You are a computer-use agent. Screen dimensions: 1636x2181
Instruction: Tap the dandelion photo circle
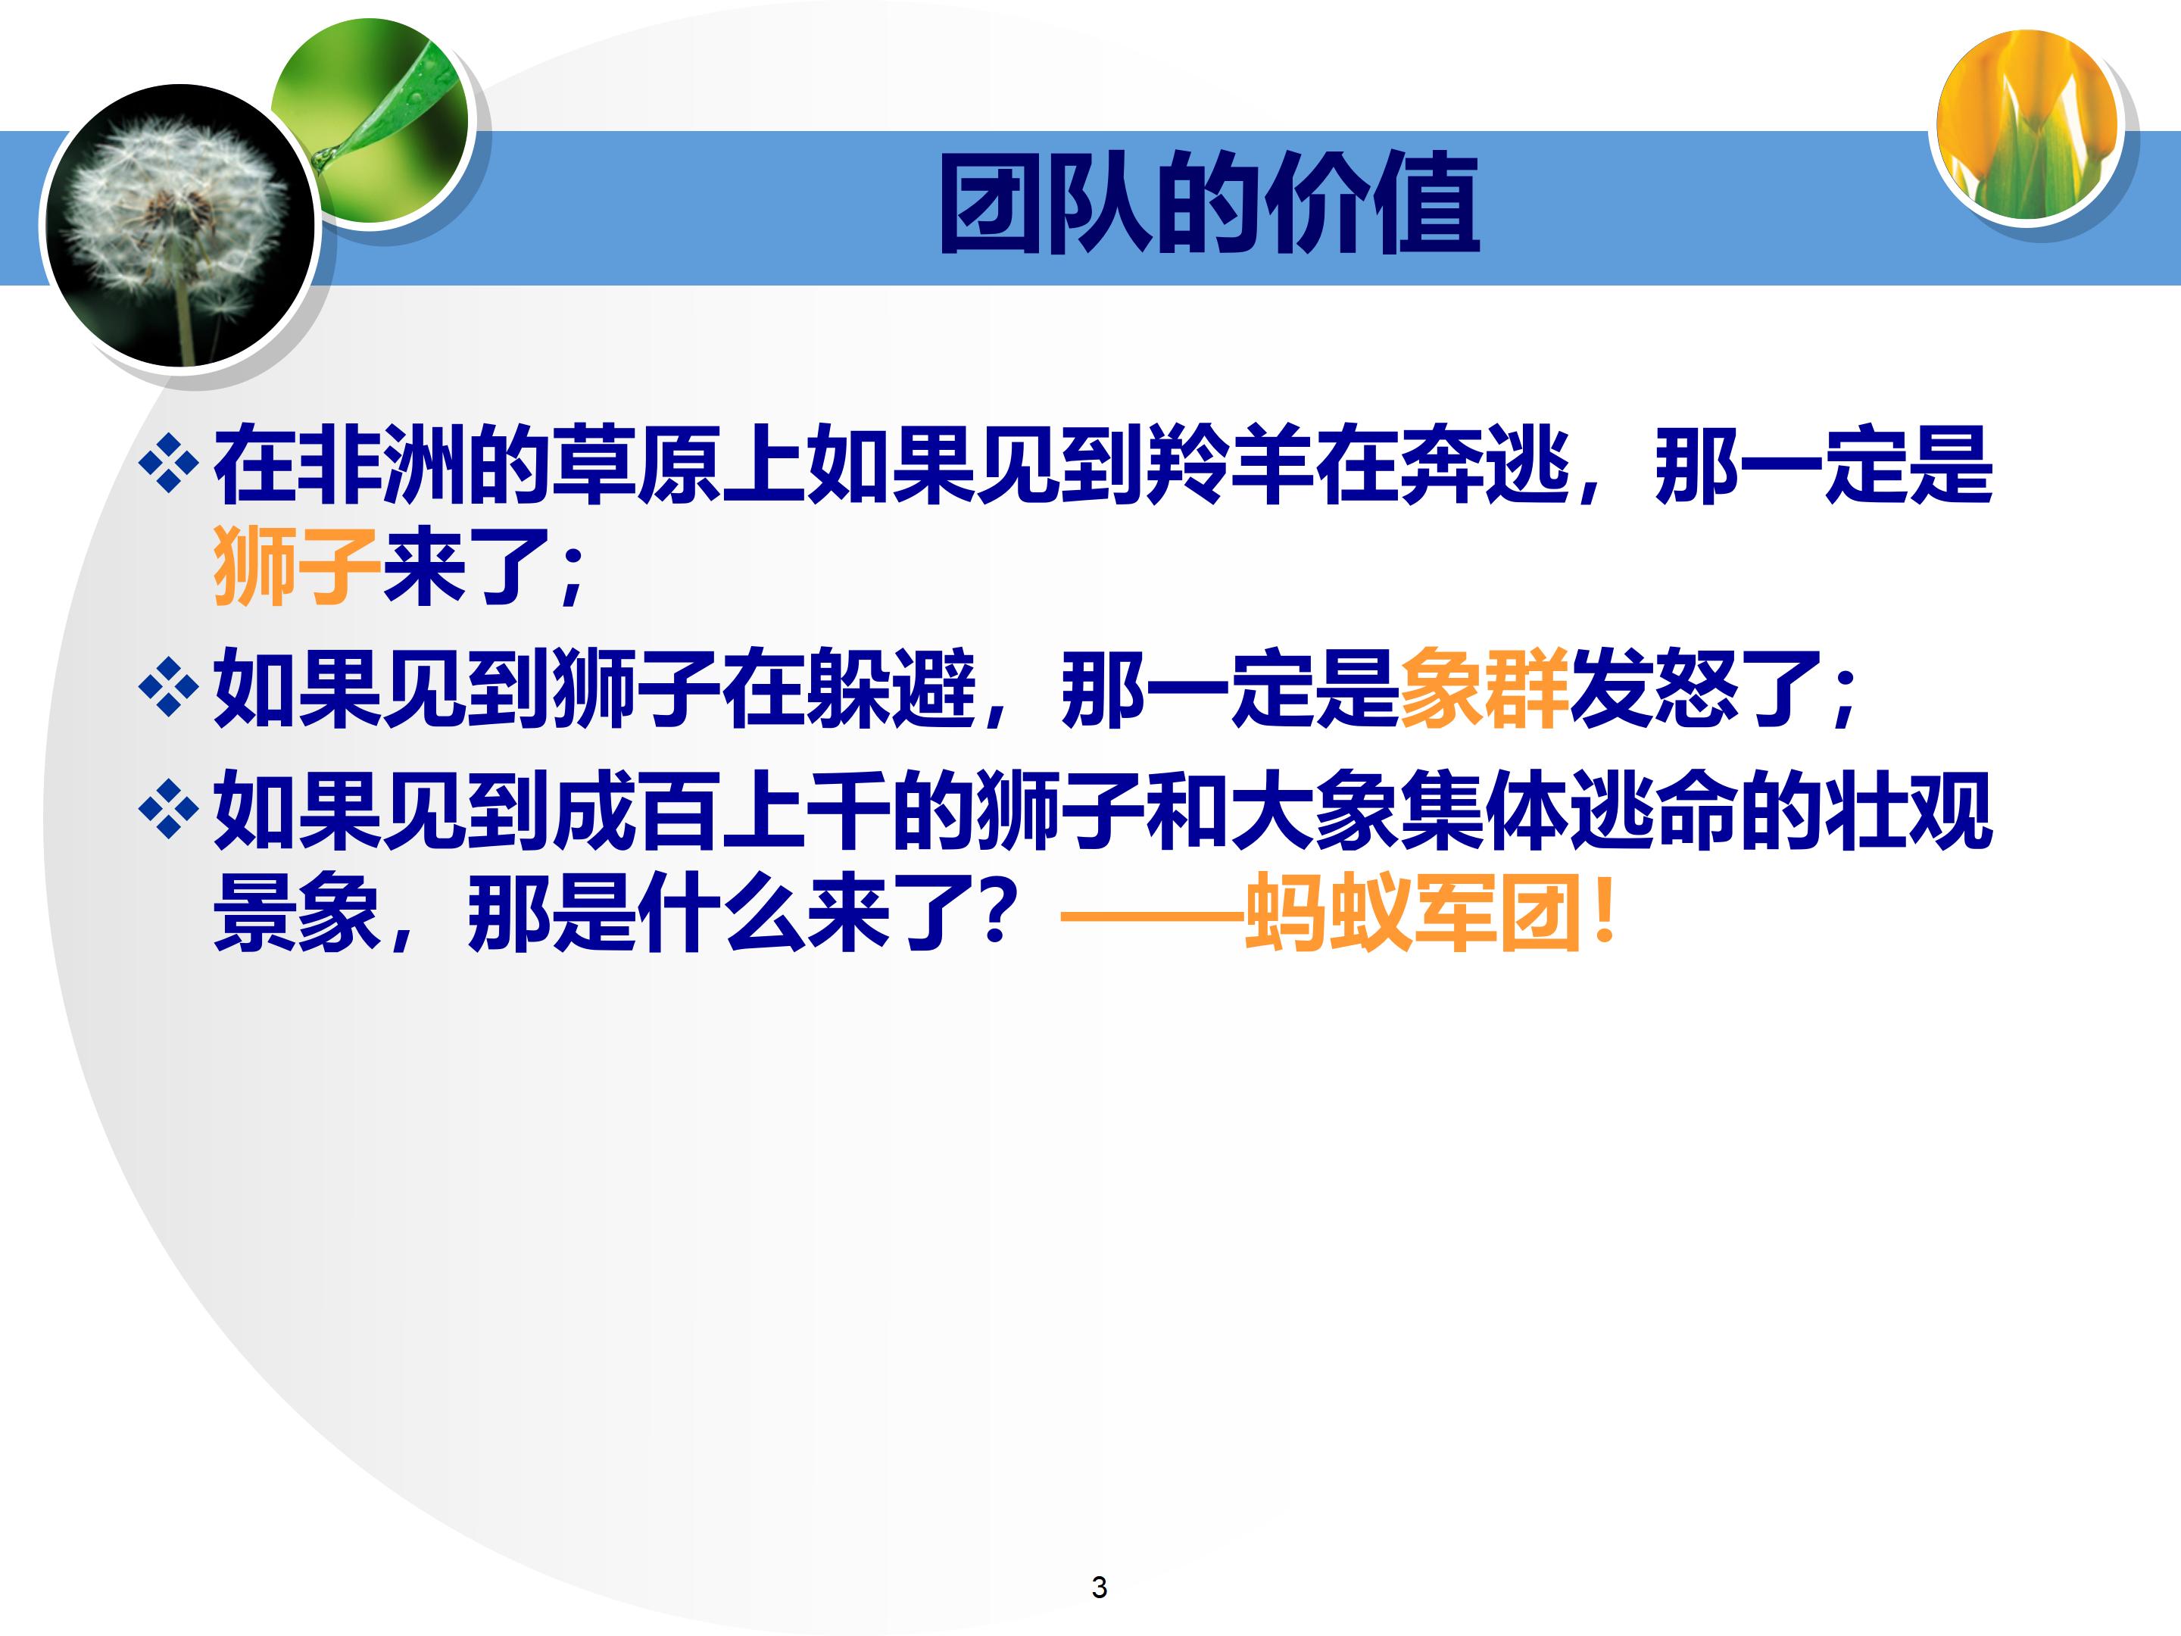177,226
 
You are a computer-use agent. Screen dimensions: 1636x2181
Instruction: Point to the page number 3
1100,1587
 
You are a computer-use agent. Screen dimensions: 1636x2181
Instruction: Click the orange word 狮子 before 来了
297,565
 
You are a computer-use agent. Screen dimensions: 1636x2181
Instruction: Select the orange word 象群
1483,689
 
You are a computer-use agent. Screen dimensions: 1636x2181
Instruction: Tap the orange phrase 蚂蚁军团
1415,914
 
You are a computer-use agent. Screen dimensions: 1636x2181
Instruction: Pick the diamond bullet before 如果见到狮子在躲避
169,687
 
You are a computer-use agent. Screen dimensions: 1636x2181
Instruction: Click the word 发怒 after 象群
1653,689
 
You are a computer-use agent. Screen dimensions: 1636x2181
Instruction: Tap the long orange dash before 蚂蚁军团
1150,917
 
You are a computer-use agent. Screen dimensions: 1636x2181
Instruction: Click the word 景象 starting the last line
297,914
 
